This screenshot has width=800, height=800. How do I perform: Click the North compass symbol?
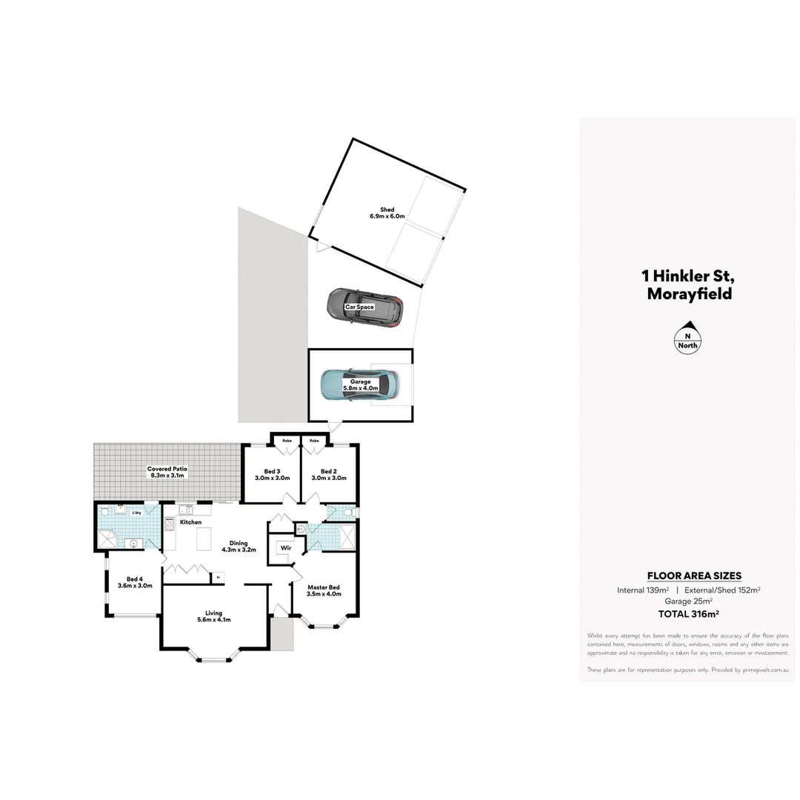pos(688,337)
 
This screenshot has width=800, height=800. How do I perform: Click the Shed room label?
pos(387,213)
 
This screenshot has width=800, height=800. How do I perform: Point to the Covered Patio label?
pos(167,472)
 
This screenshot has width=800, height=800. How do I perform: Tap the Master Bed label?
pos(324,590)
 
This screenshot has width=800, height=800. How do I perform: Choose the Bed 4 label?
pos(134,582)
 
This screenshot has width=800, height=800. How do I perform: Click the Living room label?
pos(214,616)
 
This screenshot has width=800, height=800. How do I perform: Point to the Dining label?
pos(239,547)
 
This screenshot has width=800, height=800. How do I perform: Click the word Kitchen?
pos(190,522)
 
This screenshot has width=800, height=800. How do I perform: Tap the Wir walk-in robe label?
pos(285,549)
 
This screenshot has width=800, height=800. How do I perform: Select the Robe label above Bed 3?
pos(286,441)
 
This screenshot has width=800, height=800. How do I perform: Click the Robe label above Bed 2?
pos(314,441)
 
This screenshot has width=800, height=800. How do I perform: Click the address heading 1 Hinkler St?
pos(688,276)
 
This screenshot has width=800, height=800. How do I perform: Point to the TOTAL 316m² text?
pos(688,613)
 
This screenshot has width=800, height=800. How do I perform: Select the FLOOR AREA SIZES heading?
pos(694,576)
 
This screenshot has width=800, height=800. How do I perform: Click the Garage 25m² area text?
pos(688,601)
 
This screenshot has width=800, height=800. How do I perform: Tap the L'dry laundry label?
pos(136,513)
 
